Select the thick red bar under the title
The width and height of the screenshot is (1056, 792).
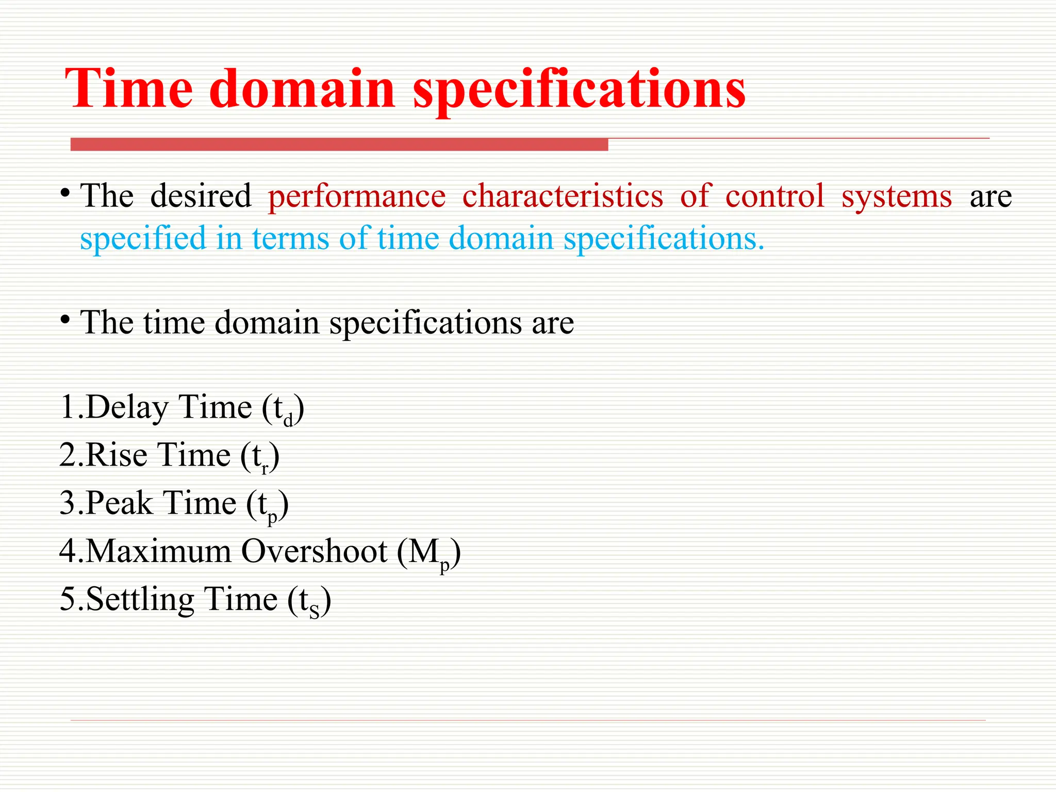[x=339, y=145]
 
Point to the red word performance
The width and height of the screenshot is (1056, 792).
[x=357, y=197]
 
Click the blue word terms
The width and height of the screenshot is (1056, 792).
[x=290, y=239]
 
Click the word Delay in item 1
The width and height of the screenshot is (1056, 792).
[x=127, y=408]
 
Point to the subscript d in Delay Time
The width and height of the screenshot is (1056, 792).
[x=288, y=420]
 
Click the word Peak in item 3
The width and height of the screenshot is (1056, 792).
[x=119, y=503]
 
